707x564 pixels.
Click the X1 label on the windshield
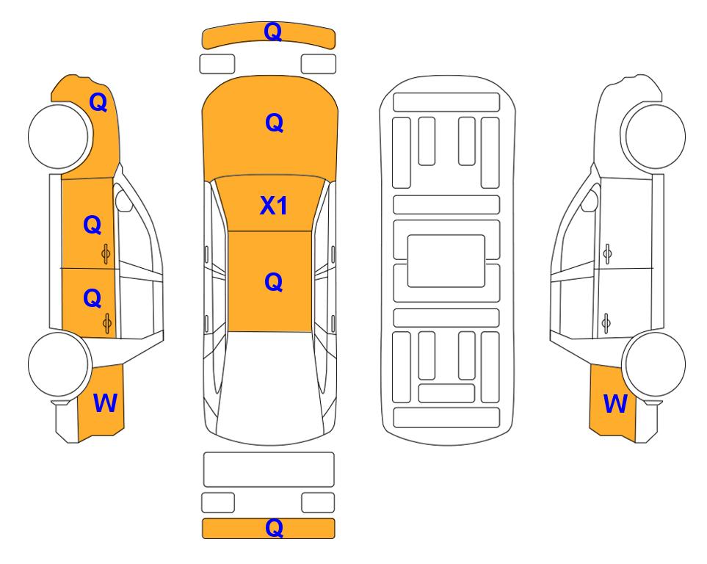coord(274,206)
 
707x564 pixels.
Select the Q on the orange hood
coord(274,123)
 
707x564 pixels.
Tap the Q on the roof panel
coord(273,283)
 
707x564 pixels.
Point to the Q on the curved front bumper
coord(273,32)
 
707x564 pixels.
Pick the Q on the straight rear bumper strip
coord(274,527)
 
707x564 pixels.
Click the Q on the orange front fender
coord(98,102)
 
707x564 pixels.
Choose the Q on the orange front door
coord(93,225)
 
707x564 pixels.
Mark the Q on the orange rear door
coord(93,298)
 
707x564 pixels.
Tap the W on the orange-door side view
coord(105,403)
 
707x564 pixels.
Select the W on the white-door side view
coord(615,403)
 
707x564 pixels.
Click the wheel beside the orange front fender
coord(58,137)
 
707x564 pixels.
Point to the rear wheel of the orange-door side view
coord(58,364)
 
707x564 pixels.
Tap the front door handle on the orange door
coord(106,254)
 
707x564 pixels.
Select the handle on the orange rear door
coord(107,323)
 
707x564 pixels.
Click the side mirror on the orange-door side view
coord(123,201)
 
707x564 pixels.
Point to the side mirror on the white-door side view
coord(590,201)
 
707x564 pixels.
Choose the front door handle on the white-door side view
coord(607,254)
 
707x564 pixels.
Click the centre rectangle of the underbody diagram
coord(446,261)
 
